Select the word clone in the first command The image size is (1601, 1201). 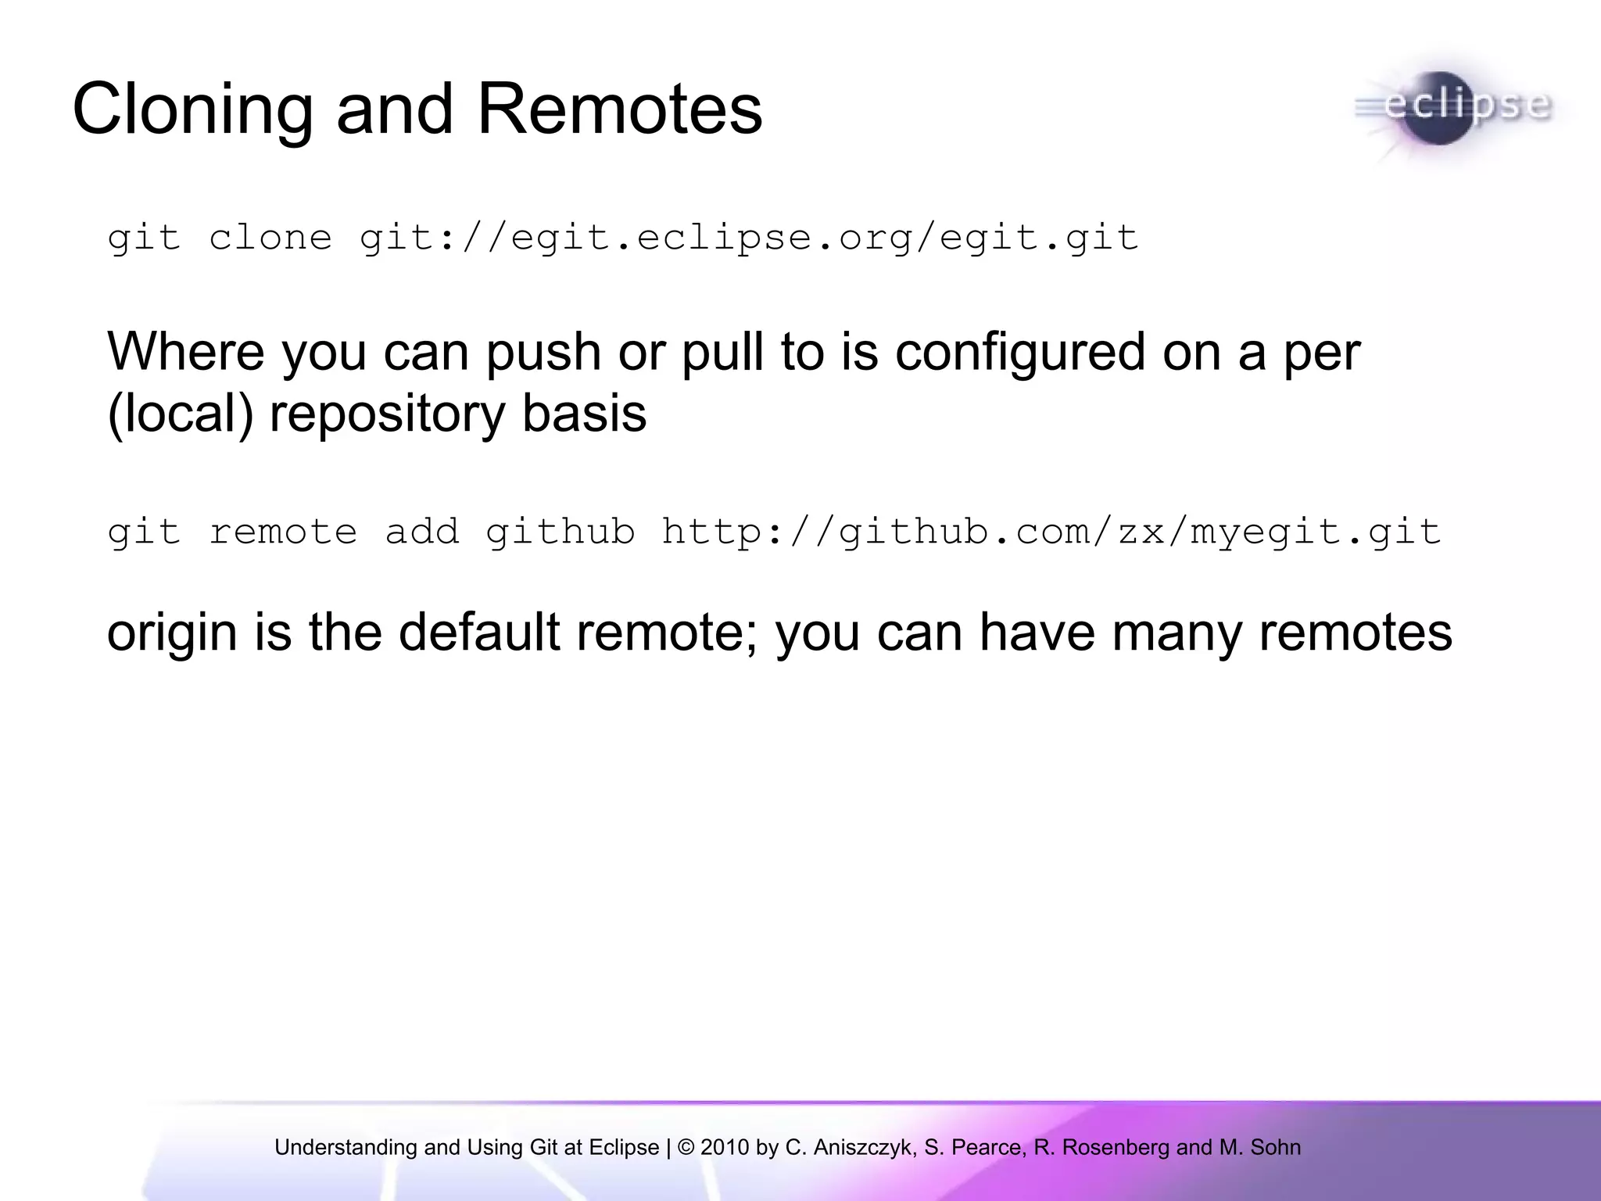270,238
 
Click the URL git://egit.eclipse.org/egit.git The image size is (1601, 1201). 748,238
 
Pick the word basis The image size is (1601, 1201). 584,414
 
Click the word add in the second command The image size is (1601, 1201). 421,532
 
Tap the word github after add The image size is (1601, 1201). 560,532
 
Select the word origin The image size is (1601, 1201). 172,633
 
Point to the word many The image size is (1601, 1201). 1177,633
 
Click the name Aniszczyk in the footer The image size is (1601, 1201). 863,1147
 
